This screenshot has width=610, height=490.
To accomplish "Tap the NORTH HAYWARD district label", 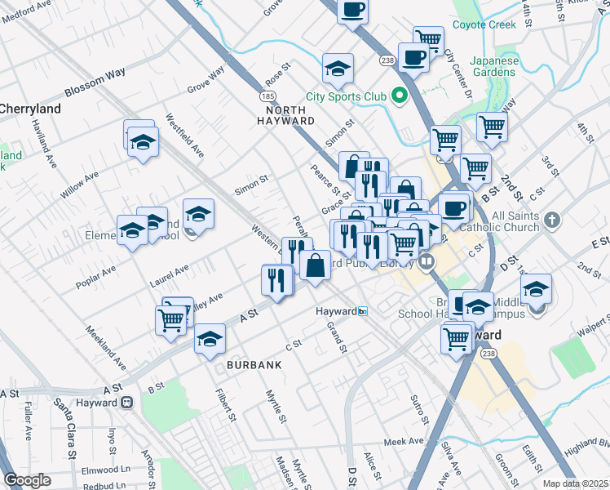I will (280, 115).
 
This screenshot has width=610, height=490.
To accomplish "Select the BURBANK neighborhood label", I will (254, 365).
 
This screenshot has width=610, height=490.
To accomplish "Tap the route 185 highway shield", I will (268, 96).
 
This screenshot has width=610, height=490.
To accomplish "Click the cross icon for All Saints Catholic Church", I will (552, 220).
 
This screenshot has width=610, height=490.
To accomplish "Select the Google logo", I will (29, 480).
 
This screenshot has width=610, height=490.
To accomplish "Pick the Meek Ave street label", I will (404, 441).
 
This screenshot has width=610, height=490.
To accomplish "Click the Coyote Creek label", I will (486, 24).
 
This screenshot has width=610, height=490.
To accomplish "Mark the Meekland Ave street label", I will (106, 346).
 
